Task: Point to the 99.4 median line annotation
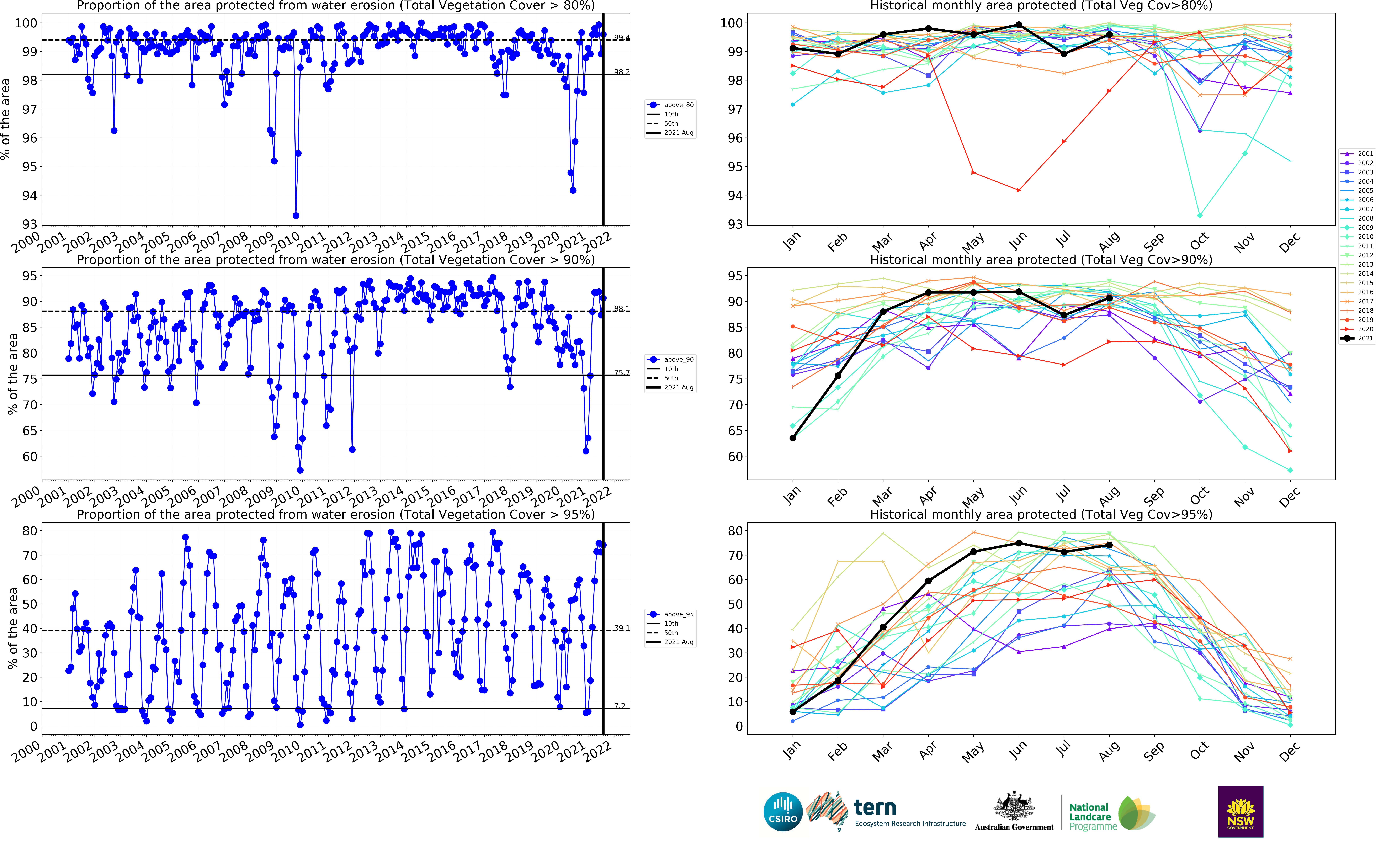pyautogui.click(x=621, y=38)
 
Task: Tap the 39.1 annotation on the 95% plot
pyautogui.click(x=621, y=628)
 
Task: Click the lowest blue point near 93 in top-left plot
pyautogui.click(x=296, y=215)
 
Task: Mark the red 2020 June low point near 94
pyautogui.click(x=1018, y=190)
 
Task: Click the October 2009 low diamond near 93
pyautogui.click(x=1199, y=215)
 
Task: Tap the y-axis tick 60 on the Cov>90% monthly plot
pyautogui.click(x=735, y=457)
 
